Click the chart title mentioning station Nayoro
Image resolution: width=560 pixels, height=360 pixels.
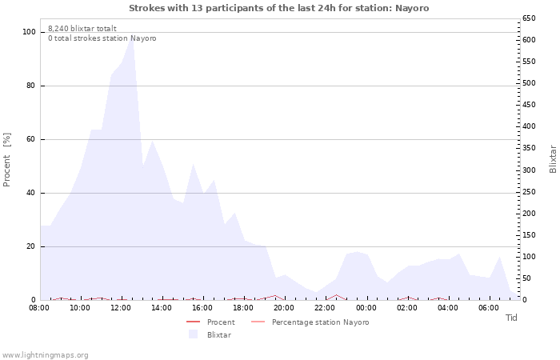coord(278,8)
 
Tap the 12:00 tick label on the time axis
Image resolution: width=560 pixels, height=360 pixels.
coord(121,308)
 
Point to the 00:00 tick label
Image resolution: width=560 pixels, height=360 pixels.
coord(366,308)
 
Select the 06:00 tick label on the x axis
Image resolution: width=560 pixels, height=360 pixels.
coord(489,308)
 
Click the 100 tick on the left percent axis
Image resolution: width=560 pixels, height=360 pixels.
coord(30,32)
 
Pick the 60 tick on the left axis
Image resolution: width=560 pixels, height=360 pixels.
coord(31,139)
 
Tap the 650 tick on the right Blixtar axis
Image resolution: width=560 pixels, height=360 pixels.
coord(529,18)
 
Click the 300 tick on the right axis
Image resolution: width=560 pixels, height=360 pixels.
coord(529,170)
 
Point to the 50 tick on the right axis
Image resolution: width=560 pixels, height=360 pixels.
coord(526,278)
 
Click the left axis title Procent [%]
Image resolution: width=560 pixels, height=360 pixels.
coord(7,160)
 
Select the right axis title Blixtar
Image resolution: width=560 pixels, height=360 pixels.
coord(552,158)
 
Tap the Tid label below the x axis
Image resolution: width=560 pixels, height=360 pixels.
coord(511,318)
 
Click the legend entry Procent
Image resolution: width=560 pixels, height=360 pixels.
coord(221,322)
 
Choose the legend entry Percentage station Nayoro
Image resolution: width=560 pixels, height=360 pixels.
coord(320,322)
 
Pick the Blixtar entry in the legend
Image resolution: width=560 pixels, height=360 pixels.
coord(218,335)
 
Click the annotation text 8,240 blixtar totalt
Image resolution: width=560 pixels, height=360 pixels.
coord(82,28)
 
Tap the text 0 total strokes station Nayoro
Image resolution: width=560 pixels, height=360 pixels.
coord(102,38)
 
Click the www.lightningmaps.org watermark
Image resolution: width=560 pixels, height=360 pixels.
coord(45,354)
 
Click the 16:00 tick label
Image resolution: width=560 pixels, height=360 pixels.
coord(202,308)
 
